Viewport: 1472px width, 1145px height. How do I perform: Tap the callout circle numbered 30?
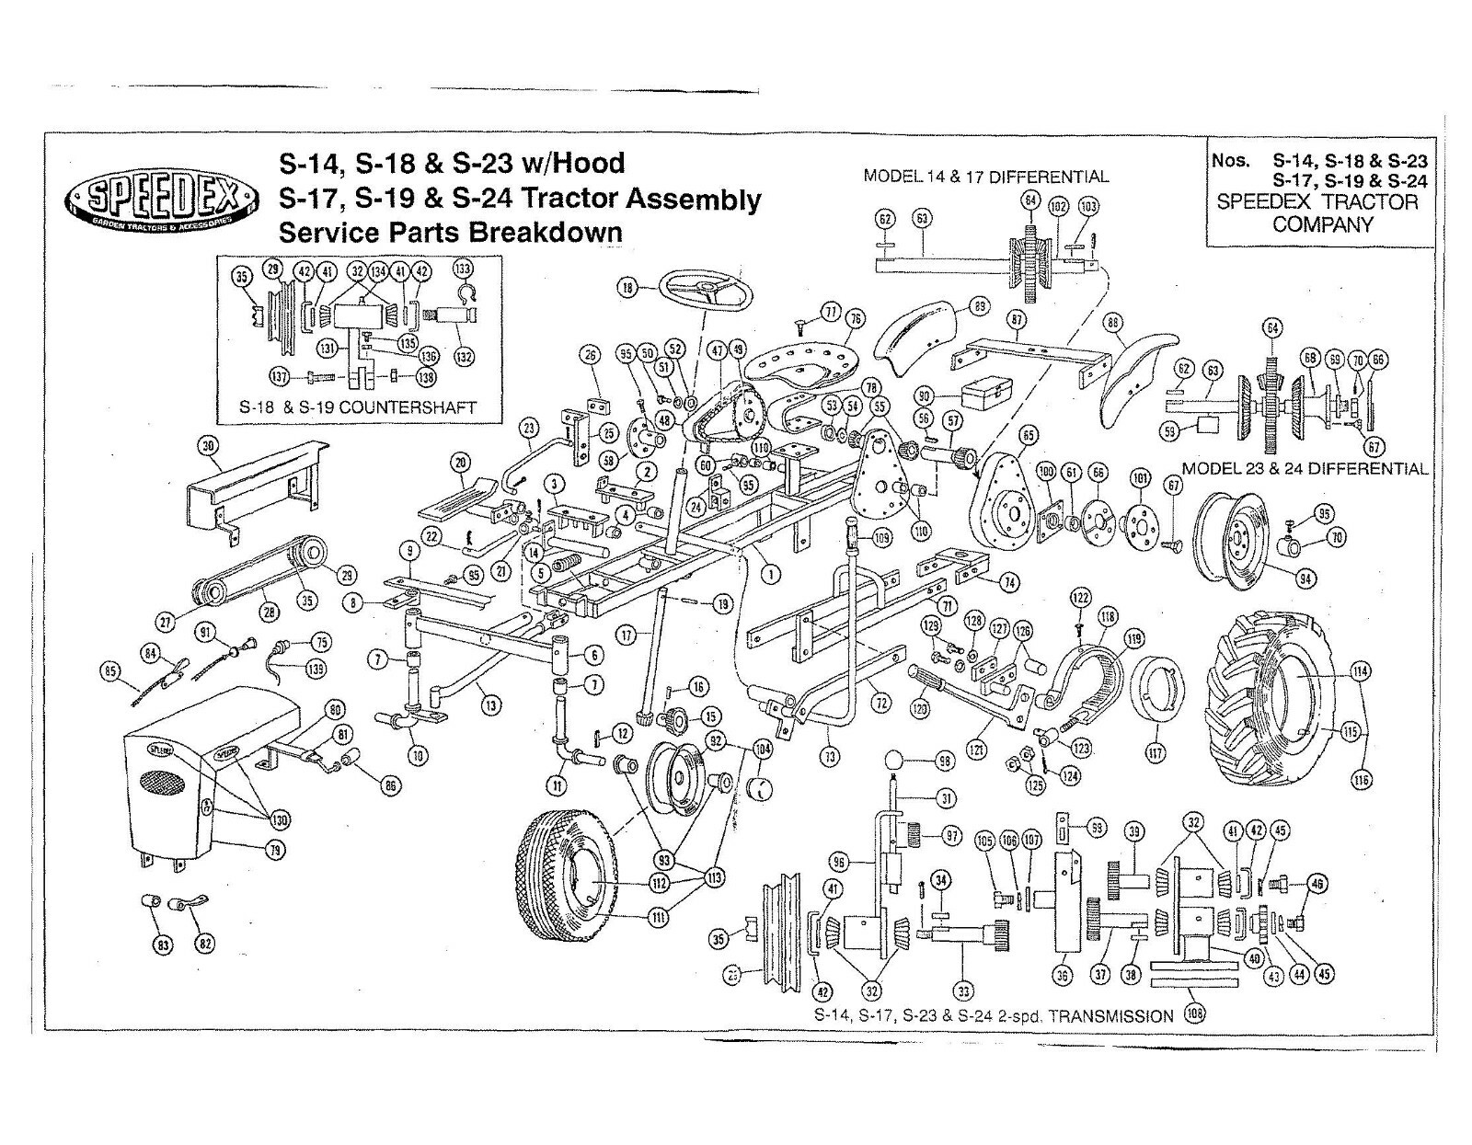click(x=209, y=446)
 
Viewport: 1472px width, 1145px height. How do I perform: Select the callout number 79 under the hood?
click(x=275, y=850)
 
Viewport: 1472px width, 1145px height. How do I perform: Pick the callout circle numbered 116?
click(x=1361, y=780)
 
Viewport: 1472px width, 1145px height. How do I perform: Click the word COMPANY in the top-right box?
click(x=1322, y=224)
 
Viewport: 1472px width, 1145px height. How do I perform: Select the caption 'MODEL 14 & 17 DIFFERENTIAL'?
click(x=985, y=177)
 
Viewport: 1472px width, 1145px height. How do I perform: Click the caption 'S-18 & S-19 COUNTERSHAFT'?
click(x=358, y=406)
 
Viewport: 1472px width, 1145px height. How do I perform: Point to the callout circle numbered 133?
click(x=463, y=269)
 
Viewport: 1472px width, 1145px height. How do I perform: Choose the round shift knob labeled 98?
click(x=891, y=761)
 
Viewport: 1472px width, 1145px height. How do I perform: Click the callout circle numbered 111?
click(x=660, y=917)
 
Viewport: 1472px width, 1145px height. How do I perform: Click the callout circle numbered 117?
click(x=1155, y=753)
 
